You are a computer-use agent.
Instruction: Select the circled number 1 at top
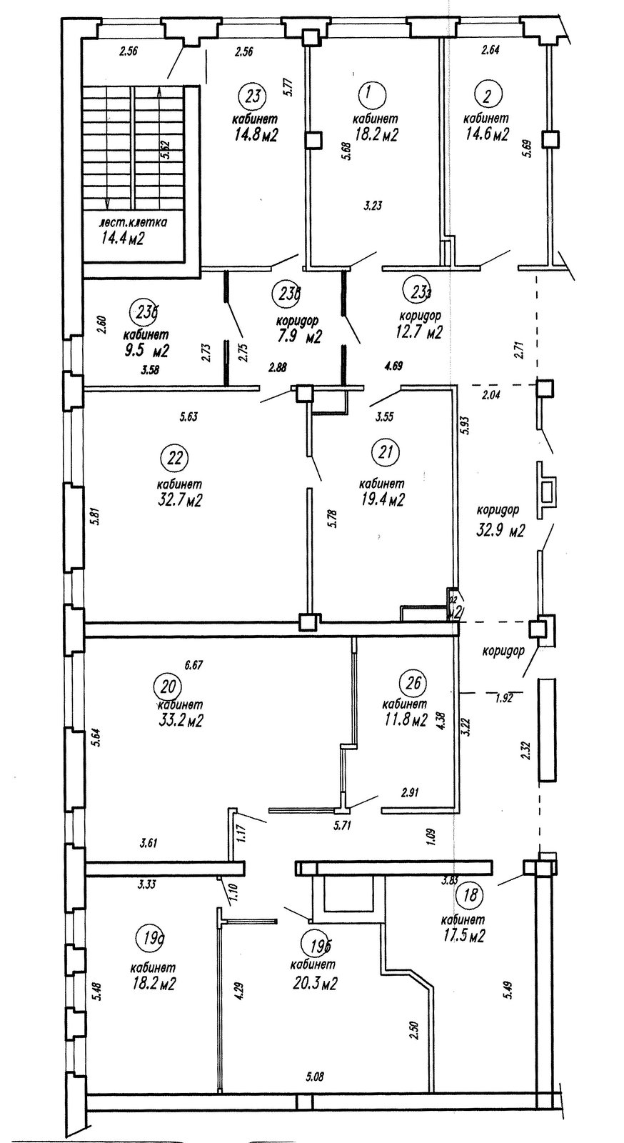(369, 93)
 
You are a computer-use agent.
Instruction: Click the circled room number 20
(168, 687)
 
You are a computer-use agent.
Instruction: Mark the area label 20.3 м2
(314, 983)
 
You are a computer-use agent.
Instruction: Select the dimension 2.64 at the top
(490, 50)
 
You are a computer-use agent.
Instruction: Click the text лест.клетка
(134, 222)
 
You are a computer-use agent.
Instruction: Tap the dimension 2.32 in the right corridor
(526, 751)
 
